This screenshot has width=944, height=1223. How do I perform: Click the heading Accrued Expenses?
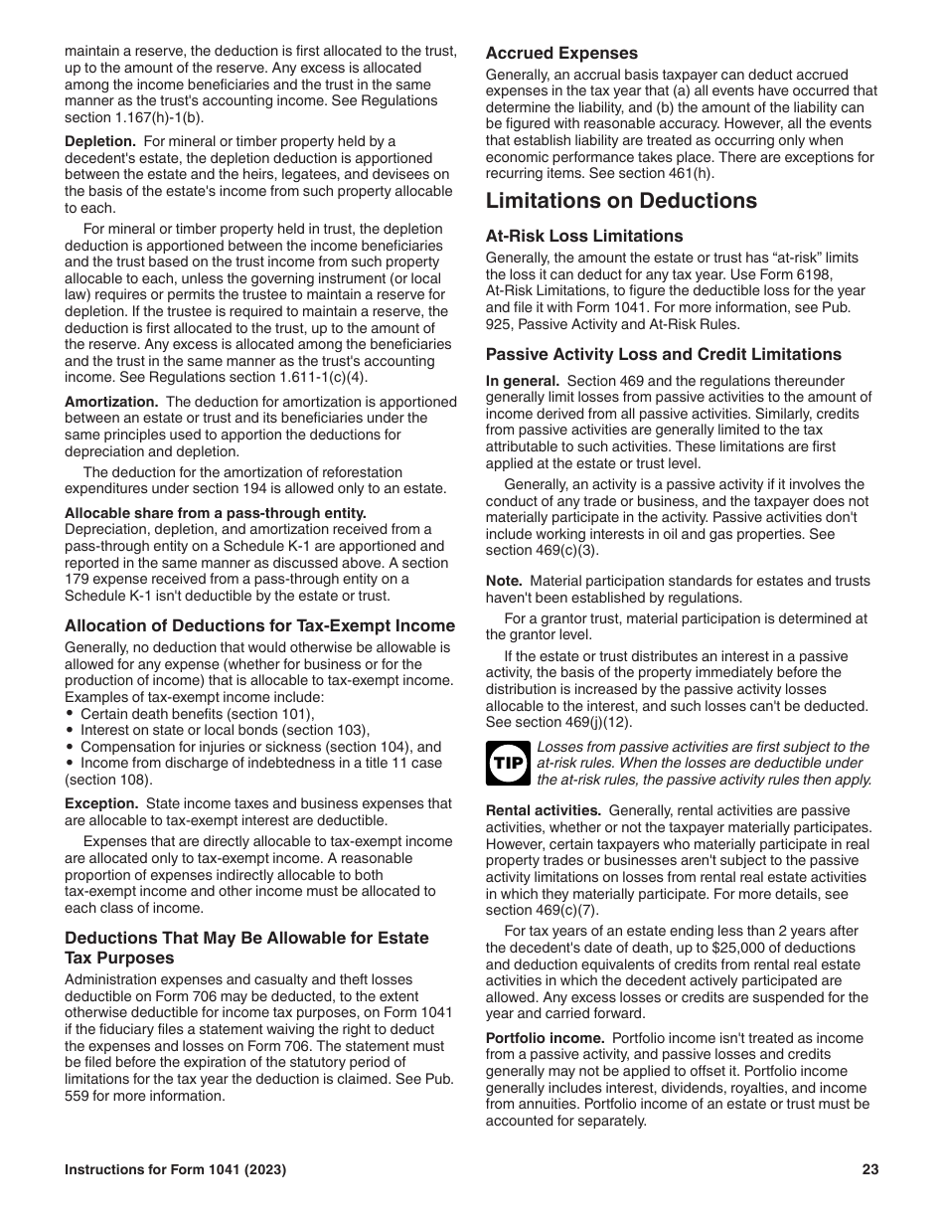point(561,54)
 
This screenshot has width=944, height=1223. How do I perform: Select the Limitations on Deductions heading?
point(621,201)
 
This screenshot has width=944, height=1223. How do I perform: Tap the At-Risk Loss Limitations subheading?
point(584,237)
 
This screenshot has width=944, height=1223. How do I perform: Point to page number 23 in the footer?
point(870,1170)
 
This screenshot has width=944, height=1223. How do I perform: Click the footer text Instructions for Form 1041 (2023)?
point(175,1170)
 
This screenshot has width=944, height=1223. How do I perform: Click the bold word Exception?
point(100,803)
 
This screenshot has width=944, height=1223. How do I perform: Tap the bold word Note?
point(504,581)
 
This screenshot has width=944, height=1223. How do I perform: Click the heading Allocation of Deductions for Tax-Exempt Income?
point(260,626)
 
